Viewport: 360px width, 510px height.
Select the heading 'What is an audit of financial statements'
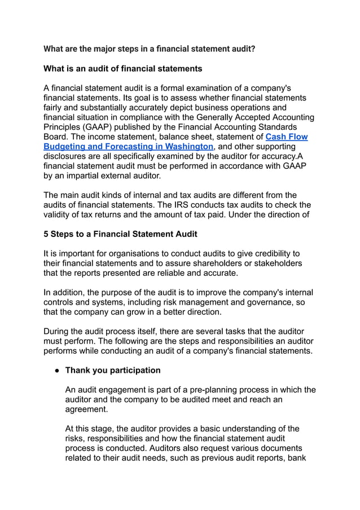122,69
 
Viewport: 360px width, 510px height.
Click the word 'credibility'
267,254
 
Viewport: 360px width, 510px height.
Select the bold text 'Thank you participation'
113,371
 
